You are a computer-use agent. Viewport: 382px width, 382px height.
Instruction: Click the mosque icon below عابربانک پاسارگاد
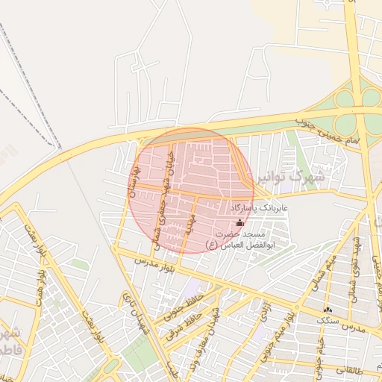pyautogui.click(x=239, y=222)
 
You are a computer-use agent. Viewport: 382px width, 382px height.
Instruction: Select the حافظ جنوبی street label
pyautogui.click(x=182, y=308)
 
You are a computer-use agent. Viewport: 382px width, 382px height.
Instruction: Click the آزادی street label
pyautogui.click(x=262, y=314)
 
